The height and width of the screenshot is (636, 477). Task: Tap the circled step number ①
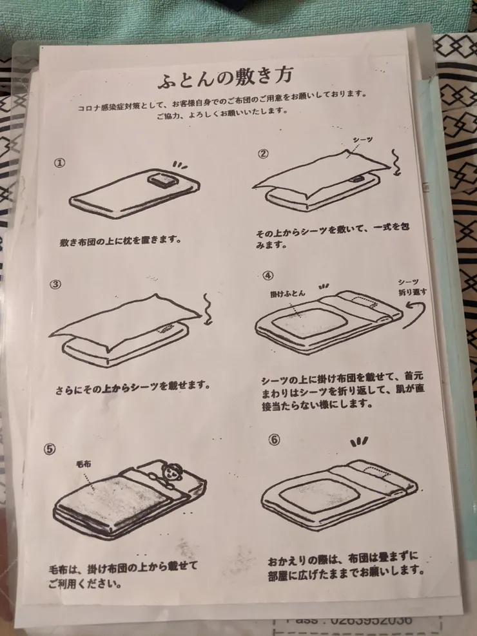click(x=59, y=163)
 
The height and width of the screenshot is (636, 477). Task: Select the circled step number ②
click(x=263, y=153)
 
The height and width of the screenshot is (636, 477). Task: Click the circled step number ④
click(x=268, y=276)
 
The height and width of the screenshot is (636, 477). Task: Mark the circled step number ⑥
click(x=274, y=440)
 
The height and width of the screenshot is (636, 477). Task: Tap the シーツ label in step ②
click(x=362, y=139)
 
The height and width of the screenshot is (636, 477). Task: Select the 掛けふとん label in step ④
click(x=287, y=293)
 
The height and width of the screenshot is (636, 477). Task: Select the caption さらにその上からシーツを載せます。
click(x=133, y=389)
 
